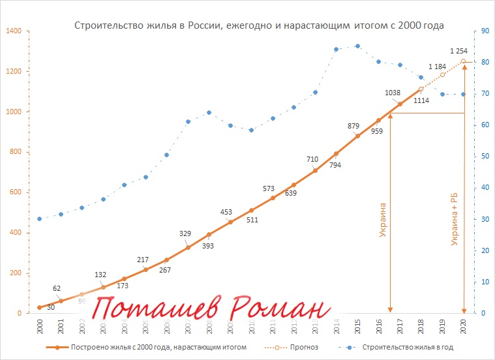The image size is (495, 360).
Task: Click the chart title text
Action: coord(259,26)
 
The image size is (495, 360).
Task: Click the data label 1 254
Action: coord(460,51)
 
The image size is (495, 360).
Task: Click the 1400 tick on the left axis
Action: coord(13,31)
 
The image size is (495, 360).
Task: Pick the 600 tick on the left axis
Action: coord(14,193)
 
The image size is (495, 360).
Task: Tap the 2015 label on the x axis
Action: coord(357,326)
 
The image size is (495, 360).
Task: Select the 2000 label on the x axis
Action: coord(39,326)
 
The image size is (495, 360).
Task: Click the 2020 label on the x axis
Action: coord(464,326)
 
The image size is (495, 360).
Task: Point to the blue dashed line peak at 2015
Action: coord(357,46)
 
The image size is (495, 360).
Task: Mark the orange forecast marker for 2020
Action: coord(464,61)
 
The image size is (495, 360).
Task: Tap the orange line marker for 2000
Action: coord(39,307)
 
